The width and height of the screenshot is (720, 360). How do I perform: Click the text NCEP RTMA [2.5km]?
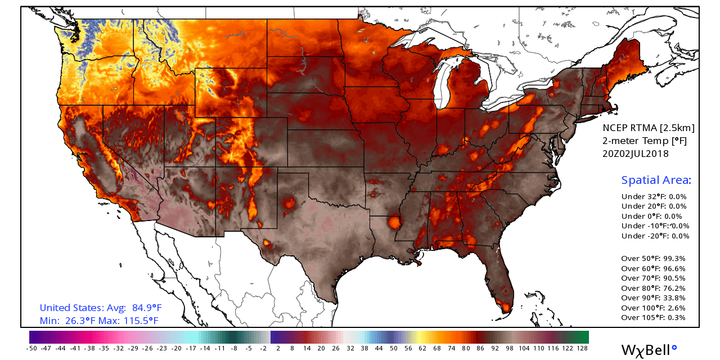pos(649,128)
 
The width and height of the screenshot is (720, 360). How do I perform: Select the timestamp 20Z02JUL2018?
pos(636,154)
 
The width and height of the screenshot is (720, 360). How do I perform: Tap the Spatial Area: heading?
pos(656,180)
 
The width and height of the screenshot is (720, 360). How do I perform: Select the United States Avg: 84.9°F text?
pos(101,308)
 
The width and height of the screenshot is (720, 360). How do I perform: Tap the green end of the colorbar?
pos(583,337)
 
